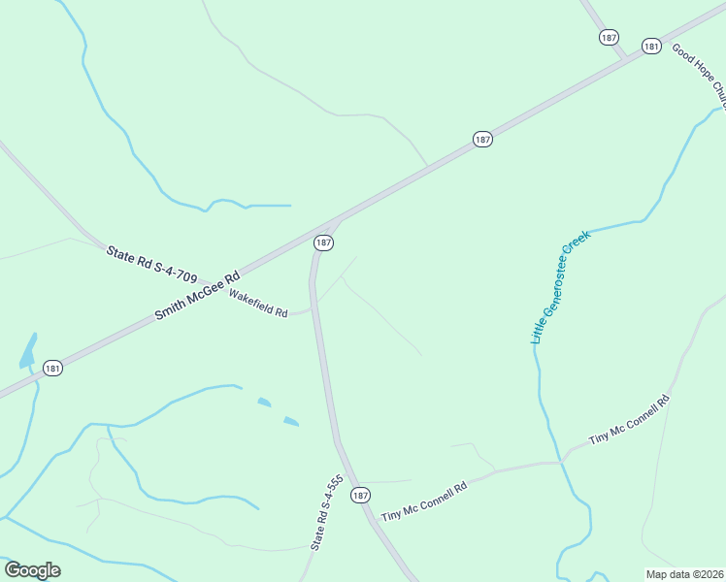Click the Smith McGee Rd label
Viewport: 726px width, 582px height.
point(197,296)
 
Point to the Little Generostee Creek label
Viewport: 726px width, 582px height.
point(560,286)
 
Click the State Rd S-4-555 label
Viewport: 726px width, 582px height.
point(327,513)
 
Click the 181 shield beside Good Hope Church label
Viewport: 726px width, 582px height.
point(651,46)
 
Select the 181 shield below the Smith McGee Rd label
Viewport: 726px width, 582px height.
point(52,368)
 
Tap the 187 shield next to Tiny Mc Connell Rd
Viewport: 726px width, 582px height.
point(360,495)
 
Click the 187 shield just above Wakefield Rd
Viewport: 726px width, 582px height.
point(324,242)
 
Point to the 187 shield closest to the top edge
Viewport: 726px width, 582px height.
point(609,37)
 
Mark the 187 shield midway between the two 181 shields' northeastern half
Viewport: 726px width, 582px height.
point(482,139)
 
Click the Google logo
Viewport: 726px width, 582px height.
point(32,570)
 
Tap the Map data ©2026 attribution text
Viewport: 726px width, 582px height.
point(684,574)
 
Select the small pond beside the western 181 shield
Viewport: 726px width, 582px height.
point(28,351)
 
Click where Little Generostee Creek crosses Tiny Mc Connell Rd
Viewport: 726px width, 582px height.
point(561,462)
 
